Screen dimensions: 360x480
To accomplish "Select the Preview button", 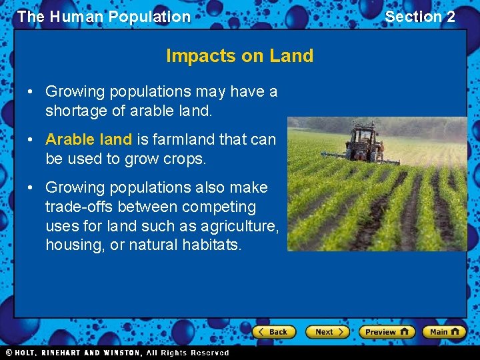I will click(x=386, y=332).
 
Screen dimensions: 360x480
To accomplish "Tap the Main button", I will click(x=443, y=332).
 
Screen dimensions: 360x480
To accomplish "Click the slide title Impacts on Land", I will click(x=239, y=56).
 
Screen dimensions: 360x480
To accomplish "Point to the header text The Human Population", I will click(x=104, y=17).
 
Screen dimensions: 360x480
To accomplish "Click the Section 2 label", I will click(x=420, y=17).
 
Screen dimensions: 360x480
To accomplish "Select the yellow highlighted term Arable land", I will click(x=89, y=139).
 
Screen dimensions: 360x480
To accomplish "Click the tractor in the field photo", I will click(x=364, y=141).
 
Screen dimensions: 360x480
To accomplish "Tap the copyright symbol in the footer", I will click(x=9, y=353).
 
